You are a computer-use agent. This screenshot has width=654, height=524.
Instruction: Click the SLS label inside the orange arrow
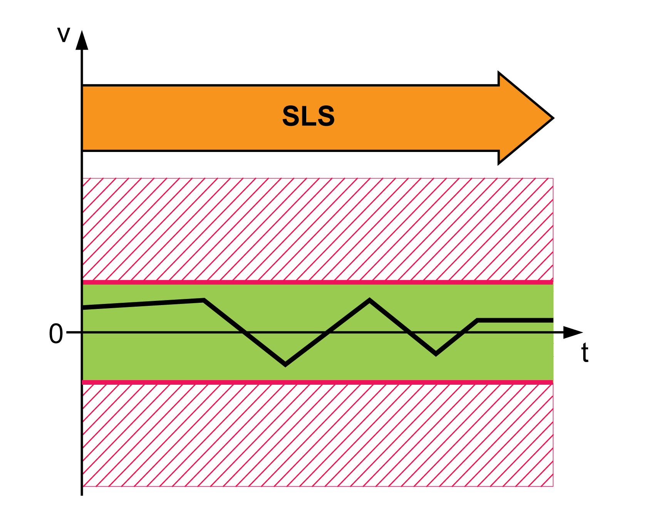pos(309,116)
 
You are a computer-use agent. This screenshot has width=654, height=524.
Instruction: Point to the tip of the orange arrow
pos(552,118)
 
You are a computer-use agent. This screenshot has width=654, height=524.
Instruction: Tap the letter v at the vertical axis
pos(64,35)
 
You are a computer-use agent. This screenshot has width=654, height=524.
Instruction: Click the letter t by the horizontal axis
pos(585,353)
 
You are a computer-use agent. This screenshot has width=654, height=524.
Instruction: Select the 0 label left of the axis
pos(56,334)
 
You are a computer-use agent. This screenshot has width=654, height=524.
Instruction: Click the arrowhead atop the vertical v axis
pos(82,40)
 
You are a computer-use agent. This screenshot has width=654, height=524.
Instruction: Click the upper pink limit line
pos(318,282)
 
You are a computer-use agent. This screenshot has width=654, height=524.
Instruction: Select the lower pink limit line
pos(318,382)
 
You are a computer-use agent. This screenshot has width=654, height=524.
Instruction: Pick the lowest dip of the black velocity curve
pos(285,364)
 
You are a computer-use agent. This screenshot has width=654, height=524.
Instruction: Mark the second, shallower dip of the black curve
pos(436,354)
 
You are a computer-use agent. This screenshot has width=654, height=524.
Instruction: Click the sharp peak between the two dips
pos(369,300)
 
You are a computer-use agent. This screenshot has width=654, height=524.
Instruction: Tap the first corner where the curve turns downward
pos(204,300)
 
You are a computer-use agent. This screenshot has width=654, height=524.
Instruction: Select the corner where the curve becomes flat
pos(478,320)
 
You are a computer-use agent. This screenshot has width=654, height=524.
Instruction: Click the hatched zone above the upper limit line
pos(318,229)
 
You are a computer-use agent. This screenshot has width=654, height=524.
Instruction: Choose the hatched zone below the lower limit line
pos(318,435)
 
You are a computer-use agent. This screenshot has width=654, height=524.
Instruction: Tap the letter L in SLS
pos(309,116)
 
